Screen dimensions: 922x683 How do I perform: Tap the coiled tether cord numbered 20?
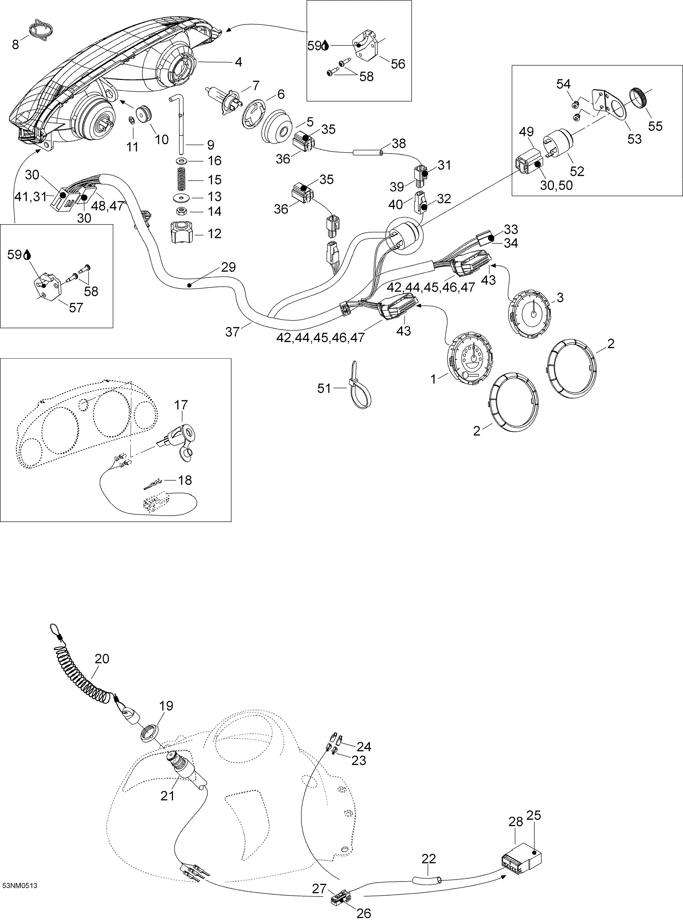coord(83,678)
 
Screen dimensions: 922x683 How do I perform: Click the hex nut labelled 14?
coord(180,211)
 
